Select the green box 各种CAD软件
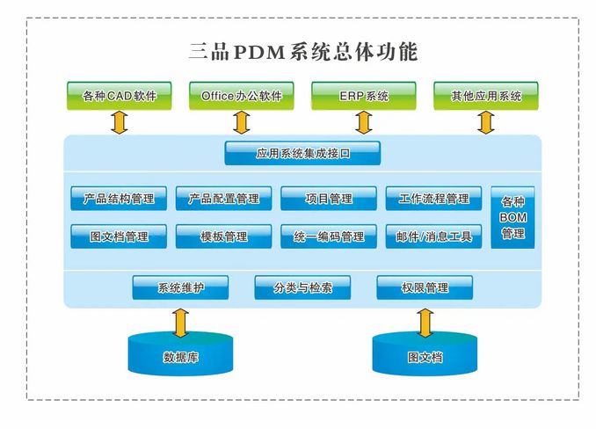click(x=119, y=95)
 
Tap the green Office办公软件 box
click(x=241, y=95)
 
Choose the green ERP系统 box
click(x=363, y=95)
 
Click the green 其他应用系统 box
click(x=485, y=95)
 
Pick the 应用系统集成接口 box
click(x=302, y=153)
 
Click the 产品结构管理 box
click(x=119, y=198)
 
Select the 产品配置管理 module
click(x=223, y=198)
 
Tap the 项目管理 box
click(x=328, y=198)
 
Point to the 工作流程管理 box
click(x=433, y=198)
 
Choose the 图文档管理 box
click(x=119, y=236)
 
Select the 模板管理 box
click(x=223, y=236)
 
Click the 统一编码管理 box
click(x=328, y=236)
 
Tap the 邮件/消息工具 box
click(x=433, y=236)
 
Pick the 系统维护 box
click(x=180, y=287)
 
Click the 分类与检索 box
click(x=302, y=287)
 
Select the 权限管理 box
click(x=425, y=287)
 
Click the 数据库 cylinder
click(x=180, y=354)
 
